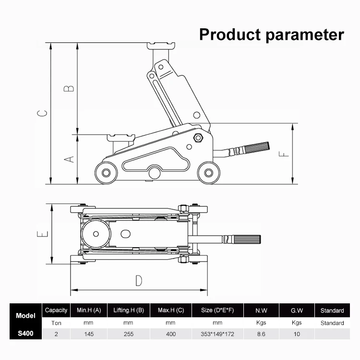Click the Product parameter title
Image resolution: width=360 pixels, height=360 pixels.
tap(271, 35)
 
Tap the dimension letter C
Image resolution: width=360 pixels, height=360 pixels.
tap(43, 113)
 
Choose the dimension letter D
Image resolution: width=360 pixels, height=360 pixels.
tap(138, 280)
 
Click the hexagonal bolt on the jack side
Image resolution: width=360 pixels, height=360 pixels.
tap(198, 138)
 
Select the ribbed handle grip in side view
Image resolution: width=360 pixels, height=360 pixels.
tap(256, 148)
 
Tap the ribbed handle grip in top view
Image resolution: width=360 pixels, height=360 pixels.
tap(246, 239)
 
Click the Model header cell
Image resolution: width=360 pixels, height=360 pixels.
tap(25, 316)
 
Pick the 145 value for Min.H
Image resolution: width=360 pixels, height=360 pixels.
tap(88, 334)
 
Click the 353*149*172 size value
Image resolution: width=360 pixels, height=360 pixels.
tap(217, 334)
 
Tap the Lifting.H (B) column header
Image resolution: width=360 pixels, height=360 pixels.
tap(128, 310)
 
